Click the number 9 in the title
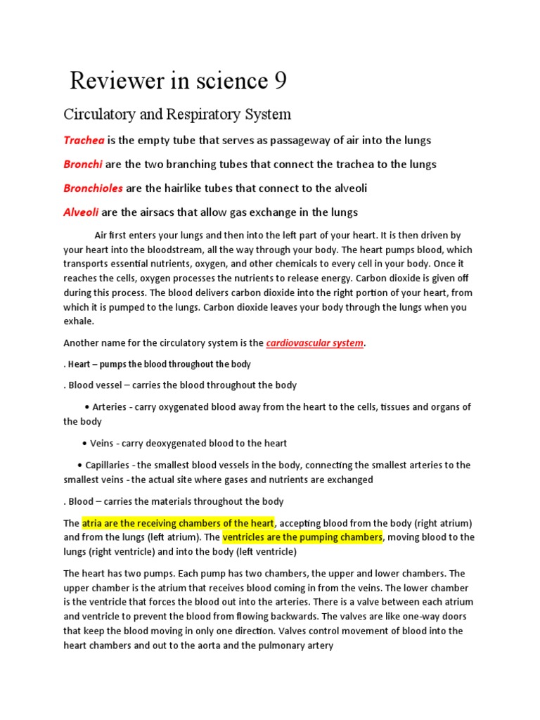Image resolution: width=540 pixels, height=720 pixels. tap(279, 82)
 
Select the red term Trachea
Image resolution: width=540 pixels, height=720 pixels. tap(83, 140)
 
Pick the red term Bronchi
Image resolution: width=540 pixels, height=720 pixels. tap(83, 165)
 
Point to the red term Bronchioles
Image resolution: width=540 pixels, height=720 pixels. tap(93, 188)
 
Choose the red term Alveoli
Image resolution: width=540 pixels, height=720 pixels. tap(82, 212)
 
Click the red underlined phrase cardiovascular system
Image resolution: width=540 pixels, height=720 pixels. tap(316, 343)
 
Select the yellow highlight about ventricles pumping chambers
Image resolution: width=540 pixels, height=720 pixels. tap(303, 537)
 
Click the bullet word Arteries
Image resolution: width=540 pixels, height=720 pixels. tap(109, 407)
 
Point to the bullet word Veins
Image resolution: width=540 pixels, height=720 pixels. tap(102, 444)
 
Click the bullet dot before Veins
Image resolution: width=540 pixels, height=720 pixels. tap(85, 444)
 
